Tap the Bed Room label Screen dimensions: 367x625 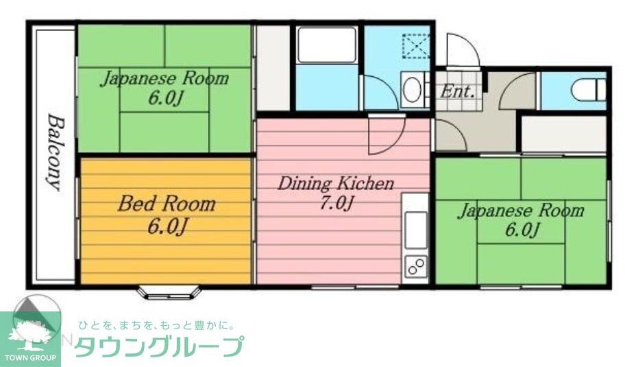pos(166,204)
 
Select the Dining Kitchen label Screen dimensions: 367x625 pos(335,184)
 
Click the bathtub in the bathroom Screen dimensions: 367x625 pos(327,45)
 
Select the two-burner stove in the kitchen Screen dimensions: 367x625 pos(415,265)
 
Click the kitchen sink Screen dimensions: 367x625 pos(415,228)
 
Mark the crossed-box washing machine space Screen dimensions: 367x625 pos(415,46)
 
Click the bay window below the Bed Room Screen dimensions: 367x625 pos(169,292)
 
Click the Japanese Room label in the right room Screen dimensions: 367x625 pos(520,210)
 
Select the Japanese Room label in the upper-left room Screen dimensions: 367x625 pos(164,78)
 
